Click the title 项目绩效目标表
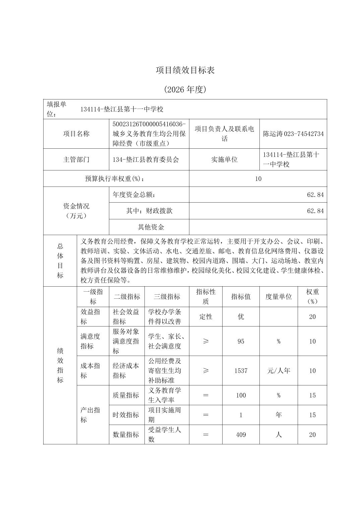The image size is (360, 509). pyautogui.click(x=185, y=70)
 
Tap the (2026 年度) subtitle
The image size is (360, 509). pyautogui.click(x=185, y=89)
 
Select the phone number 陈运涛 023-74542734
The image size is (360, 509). pyautogui.click(x=293, y=134)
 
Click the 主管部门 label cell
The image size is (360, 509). pyautogui.click(x=76, y=159)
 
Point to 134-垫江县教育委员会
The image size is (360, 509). pyautogui.click(x=146, y=159)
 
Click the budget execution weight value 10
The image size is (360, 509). pyautogui.click(x=258, y=178)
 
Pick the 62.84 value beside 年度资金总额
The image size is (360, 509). pyautogui.click(x=315, y=195)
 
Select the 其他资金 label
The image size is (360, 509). pyautogui.click(x=151, y=227)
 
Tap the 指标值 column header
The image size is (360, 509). pyautogui.click(x=241, y=297)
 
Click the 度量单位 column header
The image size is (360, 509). pyautogui.click(x=278, y=297)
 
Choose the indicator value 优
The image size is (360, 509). pyautogui.click(x=241, y=316)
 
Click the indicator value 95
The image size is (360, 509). pyautogui.click(x=241, y=341)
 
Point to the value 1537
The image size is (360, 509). pyautogui.click(x=241, y=371)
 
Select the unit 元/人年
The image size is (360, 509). pyautogui.click(x=278, y=371)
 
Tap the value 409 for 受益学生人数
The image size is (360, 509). pyautogui.click(x=241, y=435)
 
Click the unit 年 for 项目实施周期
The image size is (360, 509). pyautogui.click(x=278, y=415)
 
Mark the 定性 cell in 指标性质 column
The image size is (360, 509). pyautogui.click(x=205, y=316)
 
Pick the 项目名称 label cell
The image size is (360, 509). pyautogui.click(x=76, y=134)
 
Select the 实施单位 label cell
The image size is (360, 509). pyautogui.click(x=224, y=159)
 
